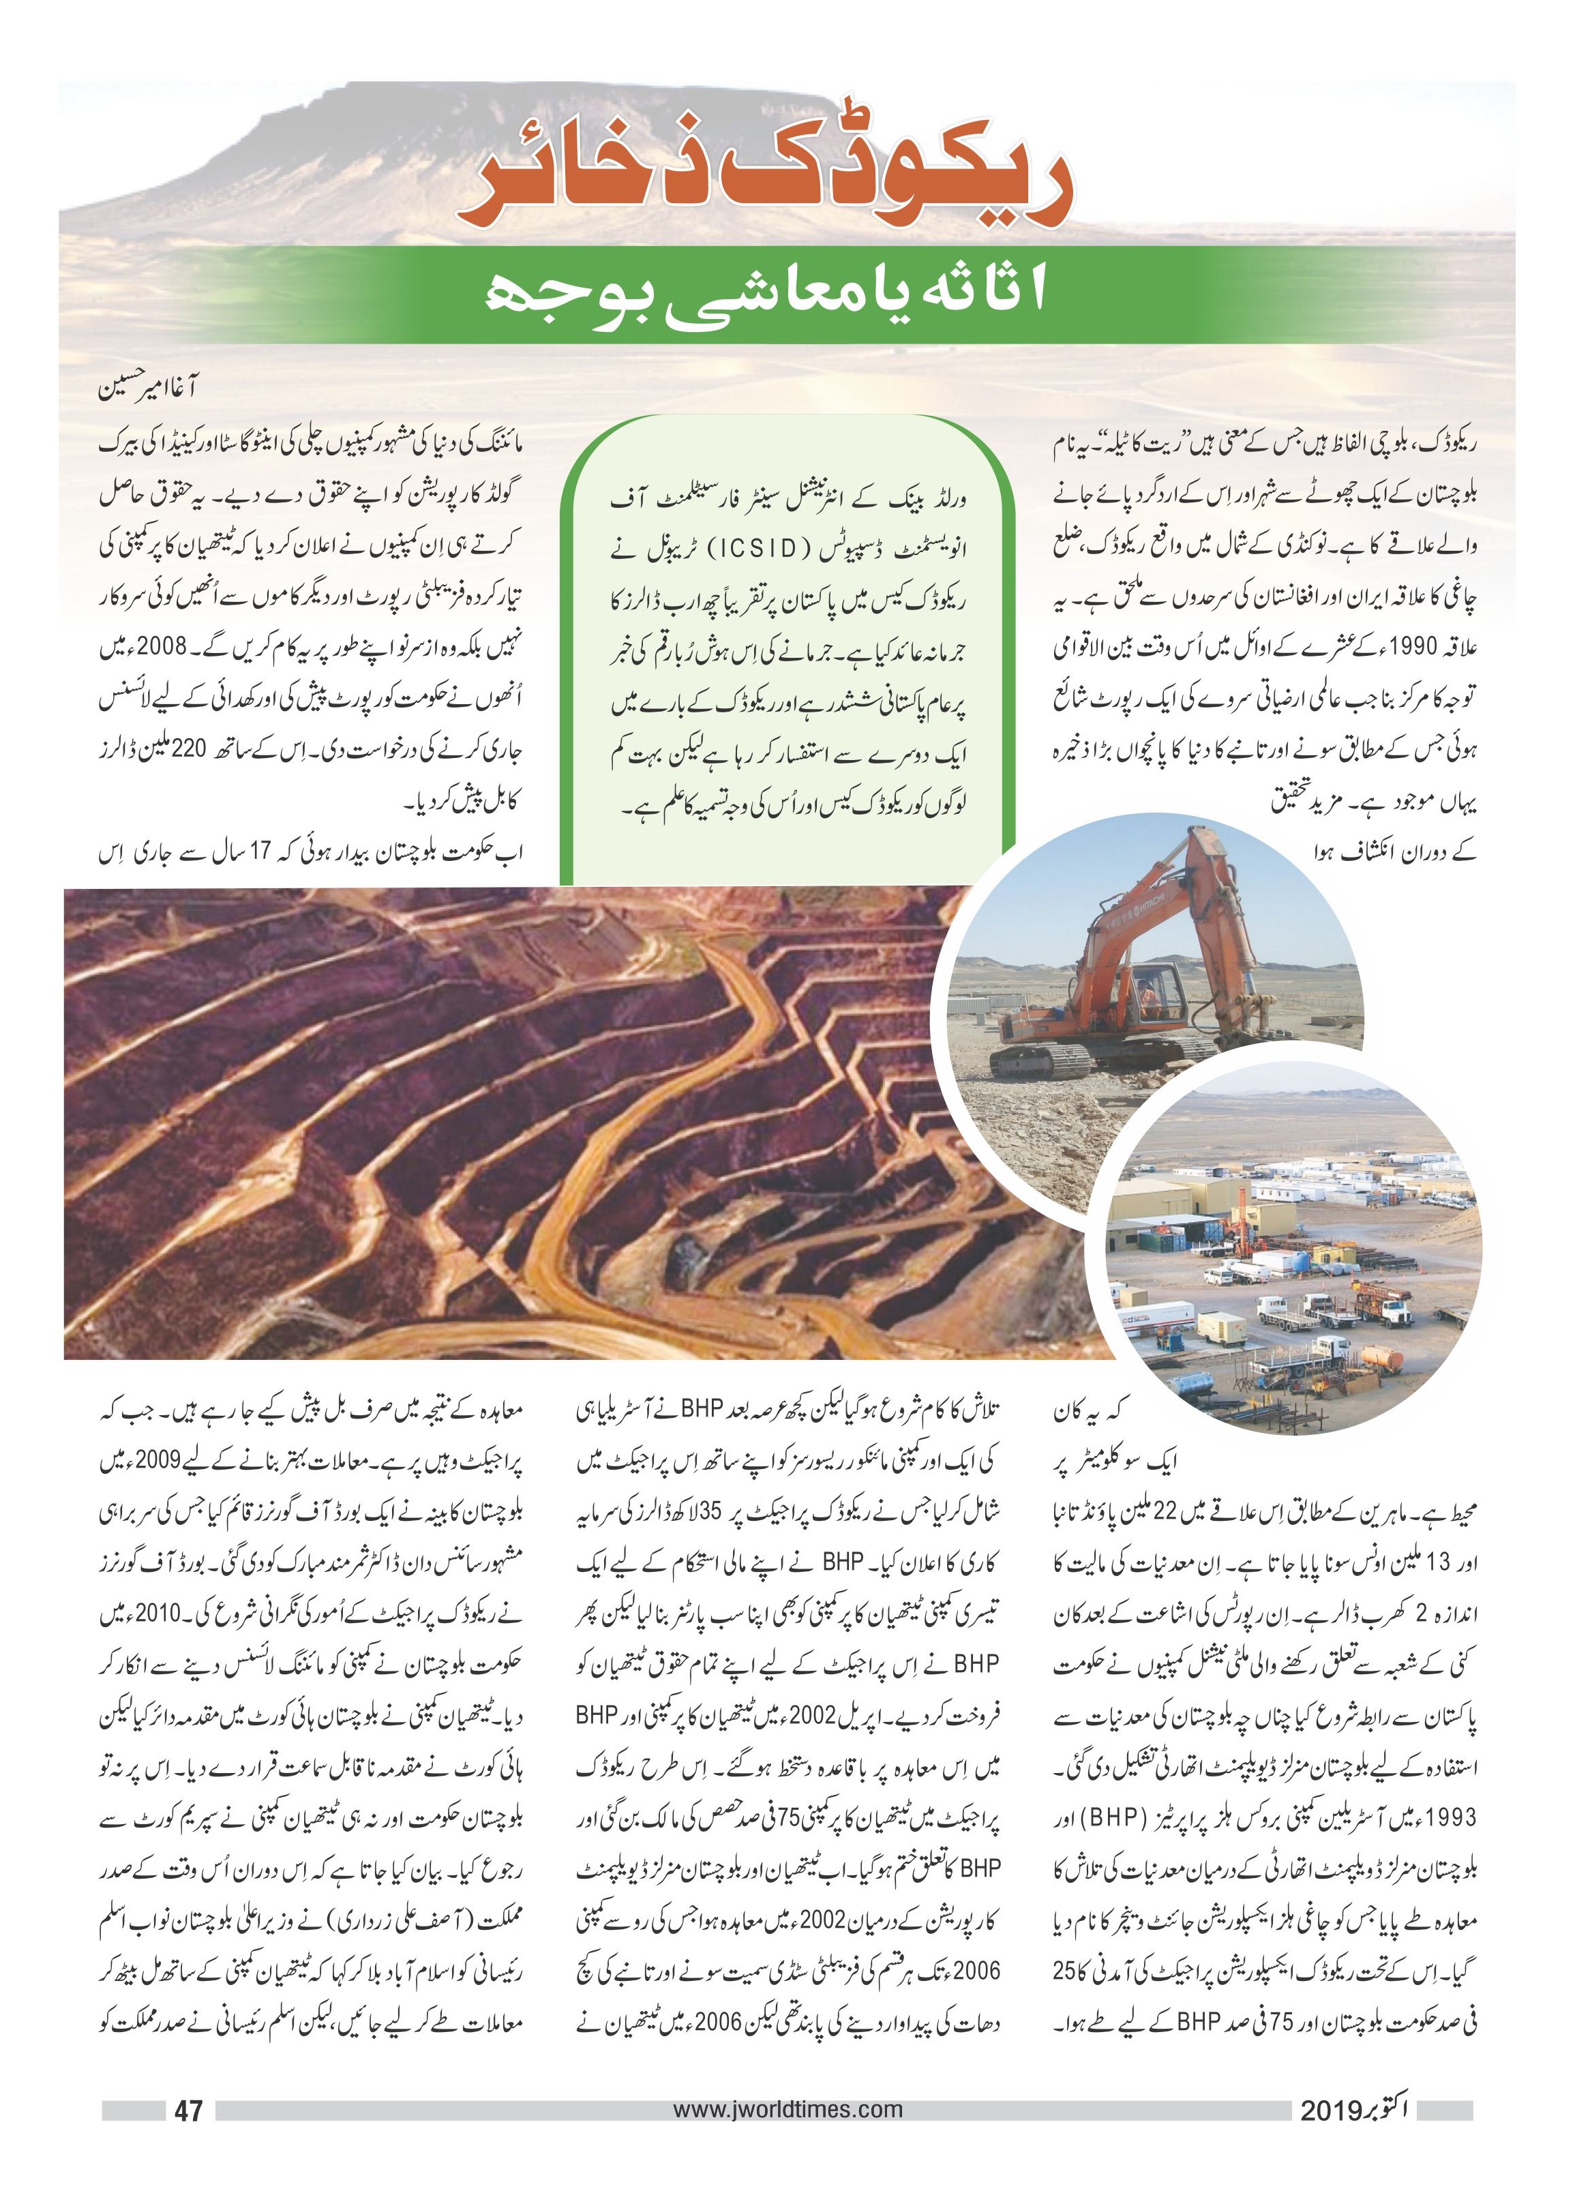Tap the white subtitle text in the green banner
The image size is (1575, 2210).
coord(766,294)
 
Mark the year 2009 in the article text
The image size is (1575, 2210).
coord(147,1460)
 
